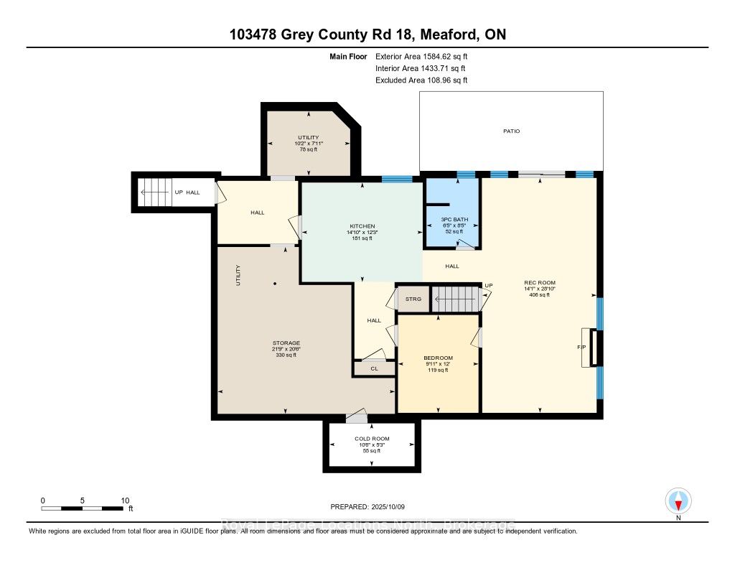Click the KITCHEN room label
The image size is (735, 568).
coord(360,225)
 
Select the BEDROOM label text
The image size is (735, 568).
coord(437,357)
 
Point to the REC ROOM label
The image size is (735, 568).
coord(540,282)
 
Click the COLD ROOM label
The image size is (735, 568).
coord(372,439)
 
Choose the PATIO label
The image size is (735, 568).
coord(511,131)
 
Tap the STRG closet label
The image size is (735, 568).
coord(413,299)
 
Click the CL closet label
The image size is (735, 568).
coord(374,368)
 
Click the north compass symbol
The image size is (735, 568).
coord(678,501)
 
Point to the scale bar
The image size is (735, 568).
coord(83,508)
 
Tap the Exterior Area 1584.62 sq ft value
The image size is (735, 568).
coord(421,56)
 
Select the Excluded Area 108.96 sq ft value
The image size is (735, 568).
coord(421,80)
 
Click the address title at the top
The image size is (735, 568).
coord(367,34)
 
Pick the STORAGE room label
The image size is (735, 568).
coord(286,343)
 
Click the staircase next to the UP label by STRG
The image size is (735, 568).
coord(454,298)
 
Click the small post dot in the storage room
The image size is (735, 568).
coord(275,284)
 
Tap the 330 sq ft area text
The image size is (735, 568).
coord(286,355)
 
